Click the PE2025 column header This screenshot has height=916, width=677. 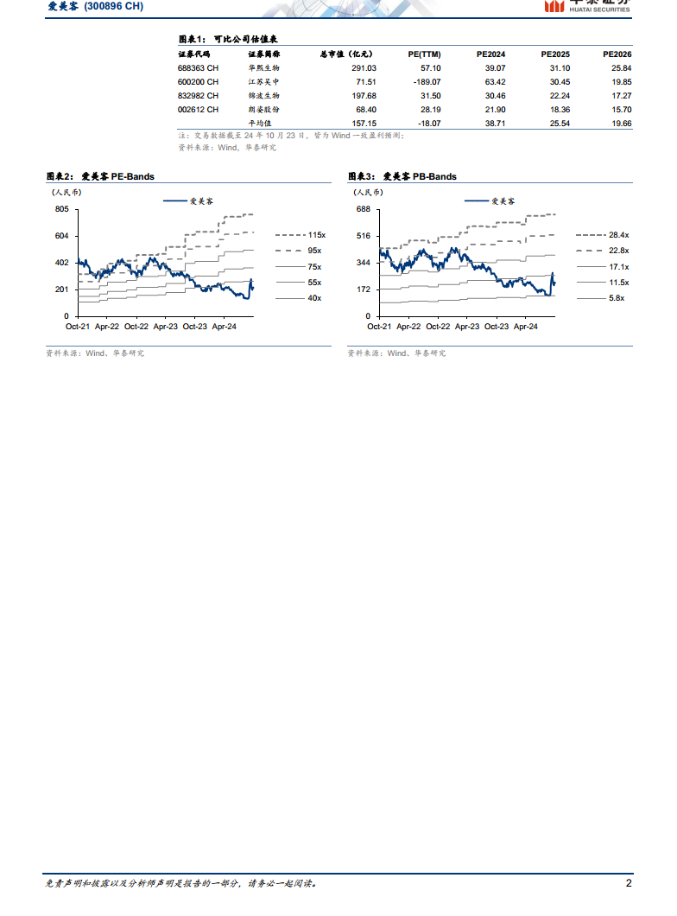(x=555, y=54)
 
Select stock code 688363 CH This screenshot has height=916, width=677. (x=198, y=67)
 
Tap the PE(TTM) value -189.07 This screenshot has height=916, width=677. (x=425, y=81)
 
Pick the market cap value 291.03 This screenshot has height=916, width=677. (x=365, y=67)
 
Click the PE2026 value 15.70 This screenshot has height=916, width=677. (x=621, y=110)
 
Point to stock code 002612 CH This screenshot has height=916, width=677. (x=198, y=110)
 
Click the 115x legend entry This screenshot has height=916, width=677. (x=314, y=235)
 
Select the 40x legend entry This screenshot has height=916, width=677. (x=314, y=298)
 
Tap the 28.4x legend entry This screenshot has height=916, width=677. (x=618, y=235)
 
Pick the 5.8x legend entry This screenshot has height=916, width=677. (x=616, y=298)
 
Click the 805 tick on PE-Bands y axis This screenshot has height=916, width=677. (x=61, y=210)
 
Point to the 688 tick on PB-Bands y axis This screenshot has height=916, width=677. (x=363, y=210)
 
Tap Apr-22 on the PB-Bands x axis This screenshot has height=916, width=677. (x=409, y=327)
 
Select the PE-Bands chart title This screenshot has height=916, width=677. (x=100, y=176)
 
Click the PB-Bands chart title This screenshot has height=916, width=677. (x=402, y=176)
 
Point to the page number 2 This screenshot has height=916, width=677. (x=629, y=884)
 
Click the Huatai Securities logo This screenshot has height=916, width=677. (x=587, y=5)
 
